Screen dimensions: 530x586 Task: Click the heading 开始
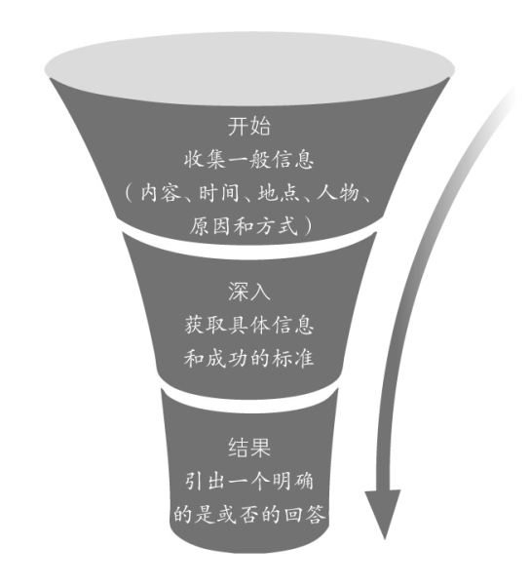coord(249,126)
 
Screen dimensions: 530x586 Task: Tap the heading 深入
coord(249,292)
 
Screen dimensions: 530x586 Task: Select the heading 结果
coord(249,448)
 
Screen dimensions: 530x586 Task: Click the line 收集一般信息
coord(248,160)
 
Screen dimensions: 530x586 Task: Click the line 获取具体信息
coord(248,325)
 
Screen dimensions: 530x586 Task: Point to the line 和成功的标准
coord(248,359)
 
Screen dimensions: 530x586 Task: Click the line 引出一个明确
coord(248,481)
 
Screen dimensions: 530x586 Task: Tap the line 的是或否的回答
coord(249,515)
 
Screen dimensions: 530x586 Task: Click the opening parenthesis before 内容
coord(129,193)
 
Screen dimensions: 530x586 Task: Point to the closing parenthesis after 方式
coord(309,226)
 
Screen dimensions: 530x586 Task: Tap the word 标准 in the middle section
coord(292,359)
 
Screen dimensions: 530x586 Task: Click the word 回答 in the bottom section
coord(304,515)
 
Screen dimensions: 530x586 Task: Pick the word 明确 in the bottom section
coord(292,481)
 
